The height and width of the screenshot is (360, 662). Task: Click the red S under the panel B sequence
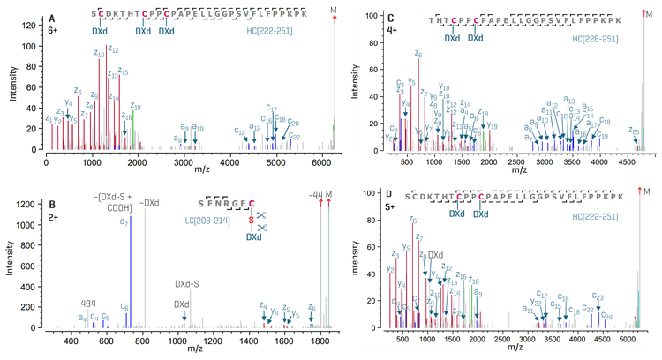(251, 220)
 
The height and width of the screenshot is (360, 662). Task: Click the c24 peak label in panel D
(606, 315)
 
